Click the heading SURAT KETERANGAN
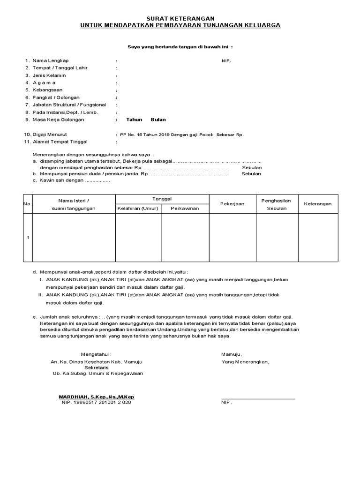pyautogui.click(x=180, y=18)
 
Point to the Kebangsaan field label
pyautogui.click(x=47, y=90)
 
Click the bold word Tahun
pyautogui.click(x=134, y=120)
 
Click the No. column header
pyautogui.click(x=27, y=204)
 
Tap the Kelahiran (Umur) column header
pyautogui.click(x=138, y=208)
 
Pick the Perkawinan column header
pyautogui.click(x=185, y=208)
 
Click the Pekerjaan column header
pyautogui.click(x=232, y=204)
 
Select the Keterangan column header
pyautogui.click(x=318, y=204)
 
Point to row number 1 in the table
pyautogui.click(x=28, y=238)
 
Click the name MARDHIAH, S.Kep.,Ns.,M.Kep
pyautogui.click(x=97, y=397)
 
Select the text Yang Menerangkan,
pyautogui.click(x=246, y=362)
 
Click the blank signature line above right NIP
pyautogui.click(x=258, y=398)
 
